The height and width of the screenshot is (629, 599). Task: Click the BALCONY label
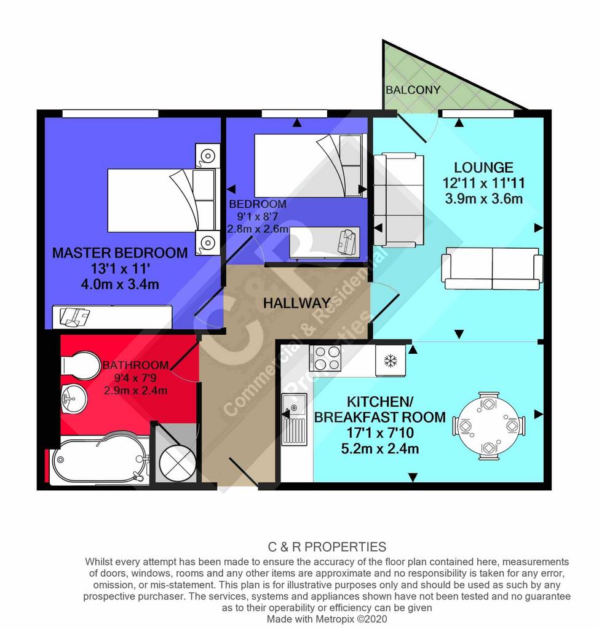click(x=413, y=90)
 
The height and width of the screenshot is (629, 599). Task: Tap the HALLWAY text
click(x=296, y=303)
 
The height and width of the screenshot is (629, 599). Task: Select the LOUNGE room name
click(x=484, y=167)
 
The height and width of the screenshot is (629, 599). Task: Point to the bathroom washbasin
click(x=74, y=399)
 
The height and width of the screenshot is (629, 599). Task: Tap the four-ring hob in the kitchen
click(x=325, y=358)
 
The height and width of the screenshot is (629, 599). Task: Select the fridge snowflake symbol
click(x=390, y=361)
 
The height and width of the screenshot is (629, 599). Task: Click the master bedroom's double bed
click(x=161, y=200)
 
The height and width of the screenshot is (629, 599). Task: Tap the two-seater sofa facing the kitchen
click(x=492, y=269)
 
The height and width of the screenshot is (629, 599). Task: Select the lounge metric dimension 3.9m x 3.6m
click(x=484, y=198)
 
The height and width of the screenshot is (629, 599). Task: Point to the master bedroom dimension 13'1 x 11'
click(x=121, y=268)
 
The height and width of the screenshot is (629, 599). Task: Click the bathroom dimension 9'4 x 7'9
click(x=135, y=378)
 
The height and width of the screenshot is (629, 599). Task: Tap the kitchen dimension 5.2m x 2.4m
click(x=380, y=448)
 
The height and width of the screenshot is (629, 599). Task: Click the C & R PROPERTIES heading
click(x=327, y=547)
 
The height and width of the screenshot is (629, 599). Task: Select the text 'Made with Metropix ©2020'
click(x=327, y=619)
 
